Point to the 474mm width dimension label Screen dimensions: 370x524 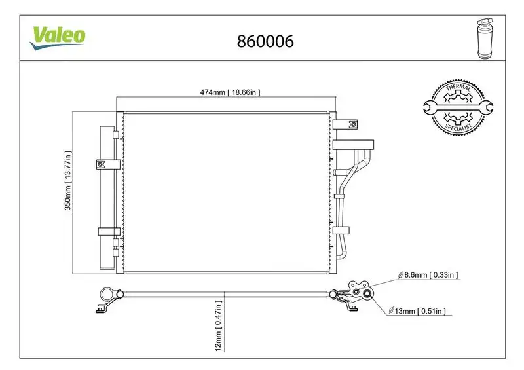point(230,92)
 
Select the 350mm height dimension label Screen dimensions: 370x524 point(67,192)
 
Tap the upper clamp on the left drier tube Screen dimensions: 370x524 point(108,164)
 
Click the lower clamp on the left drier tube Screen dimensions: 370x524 point(108,231)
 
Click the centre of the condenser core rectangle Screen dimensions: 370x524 point(225,192)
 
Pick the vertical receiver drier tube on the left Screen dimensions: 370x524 point(105,196)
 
